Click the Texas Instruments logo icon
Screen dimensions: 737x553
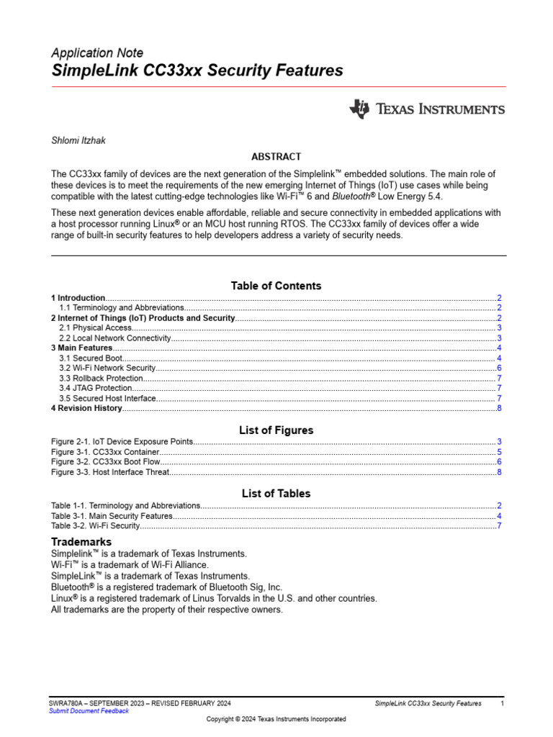[x=359, y=109]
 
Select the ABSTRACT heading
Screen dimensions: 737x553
[x=276, y=156]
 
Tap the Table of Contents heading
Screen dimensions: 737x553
[x=276, y=286]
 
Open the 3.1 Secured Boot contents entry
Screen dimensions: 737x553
[x=91, y=358]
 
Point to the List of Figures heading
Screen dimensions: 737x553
[x=276, y=430]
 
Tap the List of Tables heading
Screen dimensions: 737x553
[x=276, y=494]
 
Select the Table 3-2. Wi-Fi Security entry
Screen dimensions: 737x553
[x=95, y=526]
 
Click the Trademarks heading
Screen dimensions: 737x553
[x=81, y=541]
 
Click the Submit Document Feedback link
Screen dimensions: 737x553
[x=89, y=711]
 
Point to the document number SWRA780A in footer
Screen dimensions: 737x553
[x=66, y=702]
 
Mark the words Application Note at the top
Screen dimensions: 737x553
[x=97, y=53]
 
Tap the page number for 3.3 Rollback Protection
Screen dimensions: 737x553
[x=498, y=378]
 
